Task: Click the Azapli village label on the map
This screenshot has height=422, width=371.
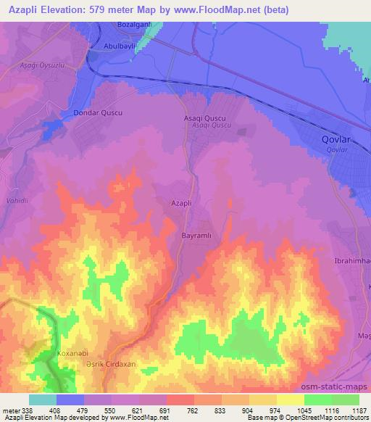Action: coord(180,204)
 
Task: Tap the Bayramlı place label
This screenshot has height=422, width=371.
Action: coord(195,236)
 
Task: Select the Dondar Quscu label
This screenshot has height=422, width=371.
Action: coord(98,114)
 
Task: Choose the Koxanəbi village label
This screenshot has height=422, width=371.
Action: coord(72,353)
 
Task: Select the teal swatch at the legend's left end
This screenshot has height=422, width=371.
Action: coord(42,400)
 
